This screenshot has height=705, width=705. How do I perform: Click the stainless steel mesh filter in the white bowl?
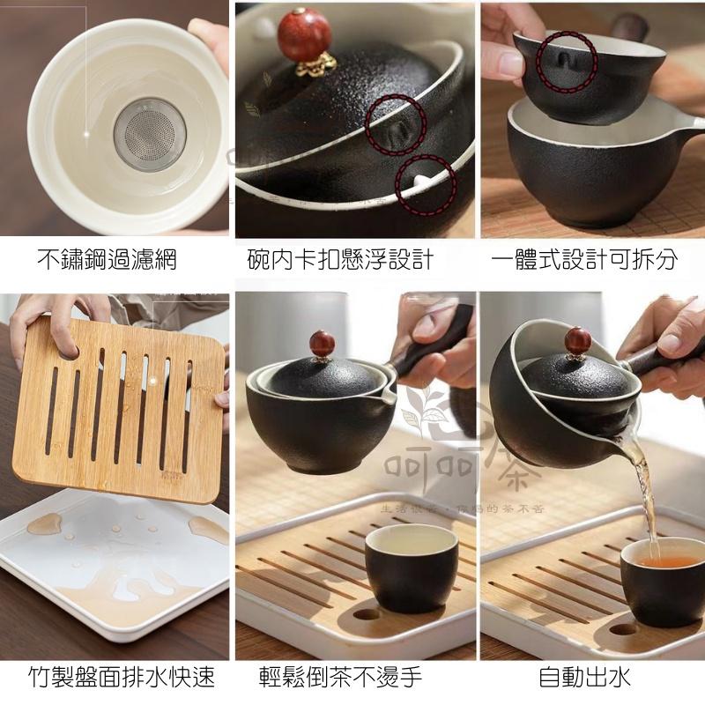[150, 133]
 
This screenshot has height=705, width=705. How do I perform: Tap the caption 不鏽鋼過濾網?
[107, 260]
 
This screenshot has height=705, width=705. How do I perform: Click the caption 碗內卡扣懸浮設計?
[340, 260]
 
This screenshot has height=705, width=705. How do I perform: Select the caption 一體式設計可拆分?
[585, 260]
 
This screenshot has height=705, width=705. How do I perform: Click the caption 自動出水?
[585, 677]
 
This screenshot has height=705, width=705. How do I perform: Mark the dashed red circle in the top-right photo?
[567, 62]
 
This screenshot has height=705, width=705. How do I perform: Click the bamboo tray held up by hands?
[119, 405]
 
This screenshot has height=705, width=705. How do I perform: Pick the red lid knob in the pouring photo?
[577, 339]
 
